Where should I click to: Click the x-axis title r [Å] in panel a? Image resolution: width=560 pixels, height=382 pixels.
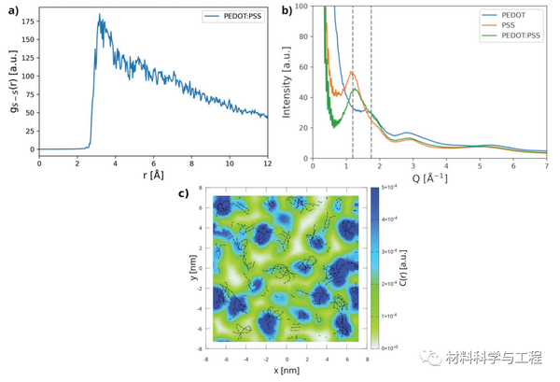tap(152, 176)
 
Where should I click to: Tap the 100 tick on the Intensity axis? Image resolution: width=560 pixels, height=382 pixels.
tap(301, 7)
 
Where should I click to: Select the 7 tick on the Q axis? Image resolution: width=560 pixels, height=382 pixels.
tap(547, 166)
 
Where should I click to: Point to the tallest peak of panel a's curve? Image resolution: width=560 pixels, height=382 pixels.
tap(100, 15)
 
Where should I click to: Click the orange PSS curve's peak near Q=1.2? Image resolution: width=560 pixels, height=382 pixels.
tap(352, 72)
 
